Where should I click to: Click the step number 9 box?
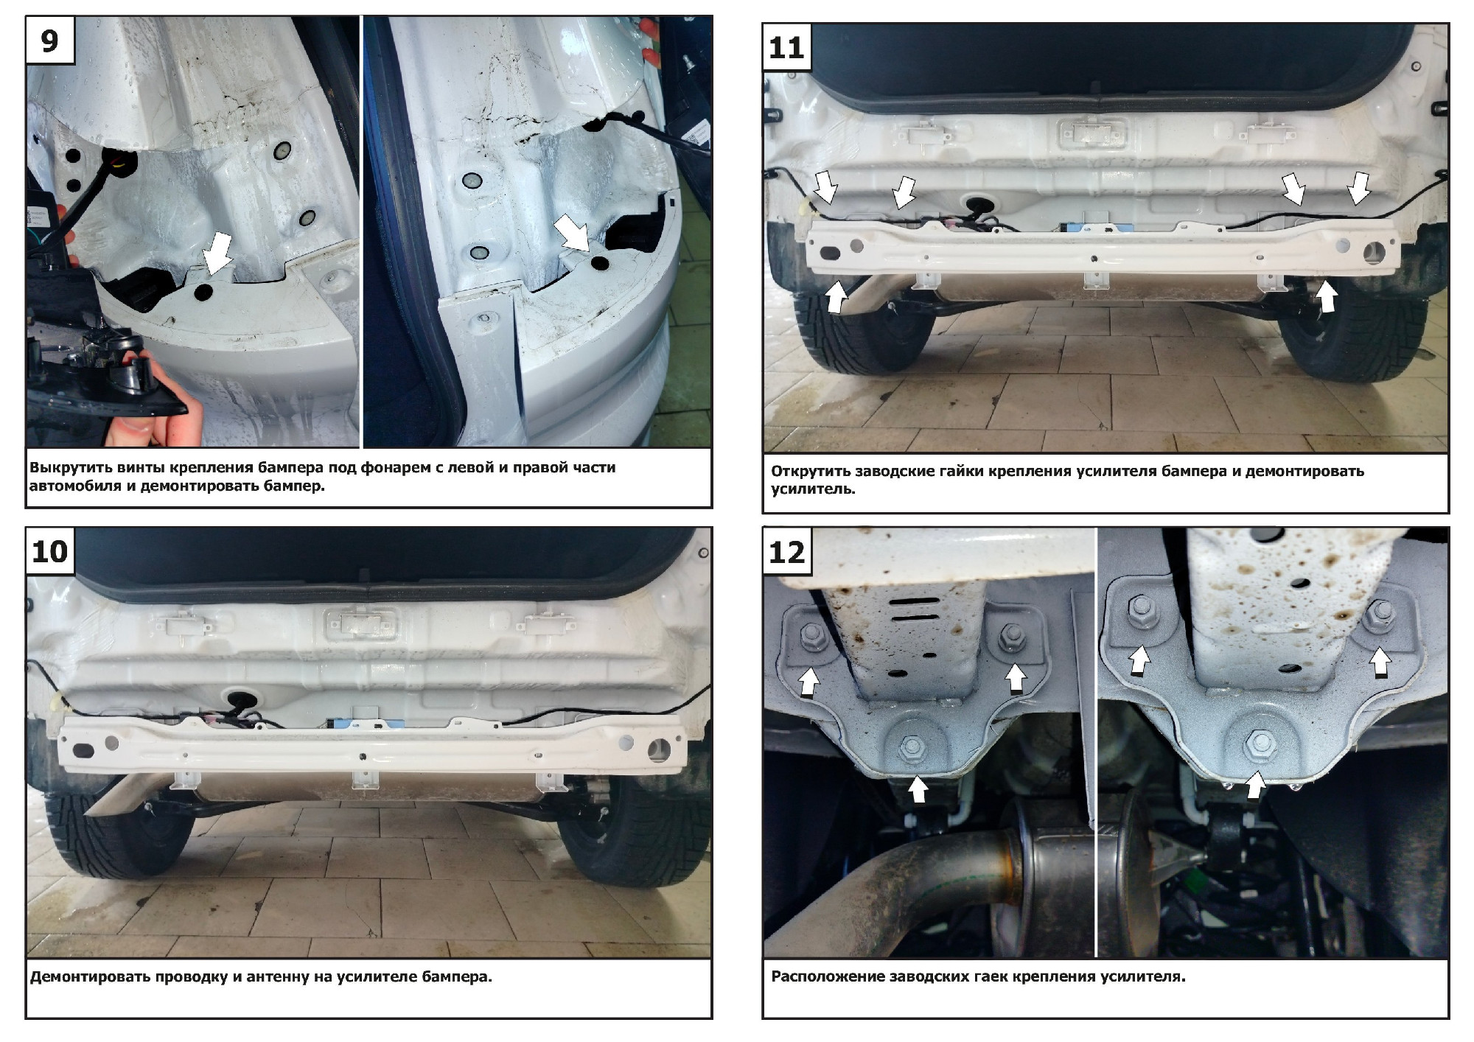pos(50,41)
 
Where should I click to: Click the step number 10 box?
pos(50,552)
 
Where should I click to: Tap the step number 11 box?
pos(786,48)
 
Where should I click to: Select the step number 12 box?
pos(786,552)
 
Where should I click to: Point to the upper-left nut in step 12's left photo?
pos(813,634)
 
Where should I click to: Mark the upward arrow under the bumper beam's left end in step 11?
pos(835,297)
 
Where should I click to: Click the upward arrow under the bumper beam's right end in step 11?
pos(1326,296)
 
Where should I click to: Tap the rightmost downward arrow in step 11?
pos(1358,188)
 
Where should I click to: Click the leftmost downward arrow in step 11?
pos(826,186)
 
